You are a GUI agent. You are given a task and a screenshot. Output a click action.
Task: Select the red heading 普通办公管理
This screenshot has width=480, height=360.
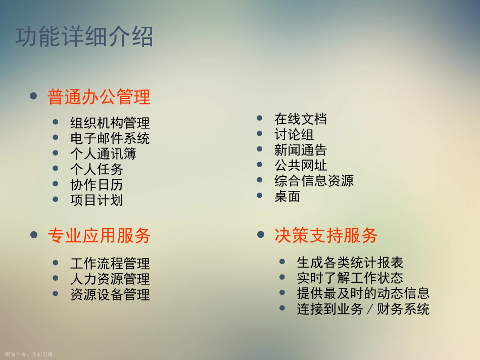[99, 97]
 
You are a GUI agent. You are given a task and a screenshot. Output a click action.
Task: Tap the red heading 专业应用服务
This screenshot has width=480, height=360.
[99, 235]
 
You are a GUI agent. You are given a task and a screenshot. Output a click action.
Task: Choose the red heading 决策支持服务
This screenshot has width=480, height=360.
[326, 235]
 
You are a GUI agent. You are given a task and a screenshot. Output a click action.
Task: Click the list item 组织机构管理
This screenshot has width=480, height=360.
[110, 123]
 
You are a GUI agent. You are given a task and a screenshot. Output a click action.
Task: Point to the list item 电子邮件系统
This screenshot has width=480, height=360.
[110, 138]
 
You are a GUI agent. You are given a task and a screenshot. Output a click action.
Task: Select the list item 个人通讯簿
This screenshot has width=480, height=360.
[103, 153]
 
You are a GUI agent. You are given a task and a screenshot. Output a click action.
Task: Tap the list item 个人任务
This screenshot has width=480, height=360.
[97, 169]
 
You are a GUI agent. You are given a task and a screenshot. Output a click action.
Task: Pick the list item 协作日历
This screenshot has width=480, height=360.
[97, 185]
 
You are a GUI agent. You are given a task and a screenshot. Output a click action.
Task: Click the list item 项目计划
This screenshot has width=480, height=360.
[97, 200]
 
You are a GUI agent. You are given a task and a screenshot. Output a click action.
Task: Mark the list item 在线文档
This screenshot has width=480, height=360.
[301, 119]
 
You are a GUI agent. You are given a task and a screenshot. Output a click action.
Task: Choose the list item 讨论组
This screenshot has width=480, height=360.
[294, 134]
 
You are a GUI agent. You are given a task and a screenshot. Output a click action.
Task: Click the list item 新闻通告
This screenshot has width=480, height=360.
[301, 150]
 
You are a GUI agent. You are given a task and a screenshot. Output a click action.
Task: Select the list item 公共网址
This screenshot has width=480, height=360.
[301, 165]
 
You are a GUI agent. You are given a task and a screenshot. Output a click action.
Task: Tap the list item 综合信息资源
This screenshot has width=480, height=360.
[314, 181]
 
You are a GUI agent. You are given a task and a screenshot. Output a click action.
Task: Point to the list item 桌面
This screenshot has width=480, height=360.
[287, 196]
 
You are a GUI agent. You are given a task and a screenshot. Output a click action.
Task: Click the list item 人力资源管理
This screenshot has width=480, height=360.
[110, 279]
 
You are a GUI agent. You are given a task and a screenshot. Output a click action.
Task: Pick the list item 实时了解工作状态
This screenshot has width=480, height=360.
[350, 278]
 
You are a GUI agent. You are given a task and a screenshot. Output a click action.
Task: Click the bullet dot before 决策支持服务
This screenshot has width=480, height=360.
[261, 235]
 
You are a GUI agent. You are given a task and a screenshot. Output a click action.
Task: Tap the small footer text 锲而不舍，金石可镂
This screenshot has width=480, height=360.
[28, 355]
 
